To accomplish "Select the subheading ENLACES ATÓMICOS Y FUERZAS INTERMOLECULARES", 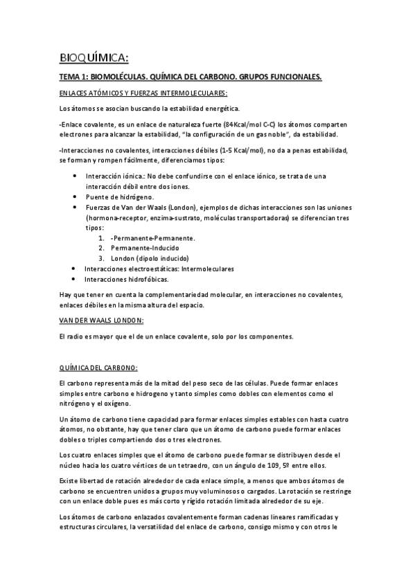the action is [143, 93].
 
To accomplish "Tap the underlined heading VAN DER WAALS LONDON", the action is [102, 320].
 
